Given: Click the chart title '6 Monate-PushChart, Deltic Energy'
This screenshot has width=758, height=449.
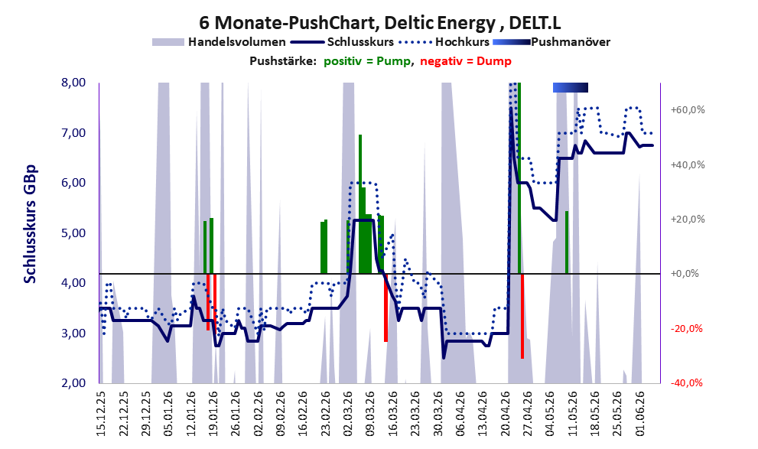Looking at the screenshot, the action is click(347, 23).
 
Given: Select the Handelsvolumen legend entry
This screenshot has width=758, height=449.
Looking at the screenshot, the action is click(219, 42).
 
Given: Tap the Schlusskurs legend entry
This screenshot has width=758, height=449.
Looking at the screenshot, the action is click(343, 42).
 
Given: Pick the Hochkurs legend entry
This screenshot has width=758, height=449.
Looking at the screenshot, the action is click(444, 42).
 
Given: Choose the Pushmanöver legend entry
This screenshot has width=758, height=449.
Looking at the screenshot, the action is click(551, 42).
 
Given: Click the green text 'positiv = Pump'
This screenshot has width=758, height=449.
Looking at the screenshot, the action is click(367, 61).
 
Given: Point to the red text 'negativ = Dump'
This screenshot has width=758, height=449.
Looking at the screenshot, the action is click(466, 61).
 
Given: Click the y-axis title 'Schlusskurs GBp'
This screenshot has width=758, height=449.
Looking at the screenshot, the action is click(30, 224).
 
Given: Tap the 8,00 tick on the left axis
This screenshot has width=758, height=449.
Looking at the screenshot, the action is click(73, 83).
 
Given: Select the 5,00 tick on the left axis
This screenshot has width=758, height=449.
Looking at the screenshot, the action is click(73, 233).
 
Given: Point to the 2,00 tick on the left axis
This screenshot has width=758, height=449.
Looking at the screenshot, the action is click(73, 383).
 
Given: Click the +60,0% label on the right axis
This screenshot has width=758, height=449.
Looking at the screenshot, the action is click(688, 109).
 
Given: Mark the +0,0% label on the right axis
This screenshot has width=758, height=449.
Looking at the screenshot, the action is click(685, 274).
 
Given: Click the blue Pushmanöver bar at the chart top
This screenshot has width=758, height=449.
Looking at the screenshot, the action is click(571, 87).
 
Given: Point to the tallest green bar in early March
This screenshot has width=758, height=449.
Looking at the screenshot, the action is click(360, 204).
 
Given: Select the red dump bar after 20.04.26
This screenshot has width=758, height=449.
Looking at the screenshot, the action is click(522, 316).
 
